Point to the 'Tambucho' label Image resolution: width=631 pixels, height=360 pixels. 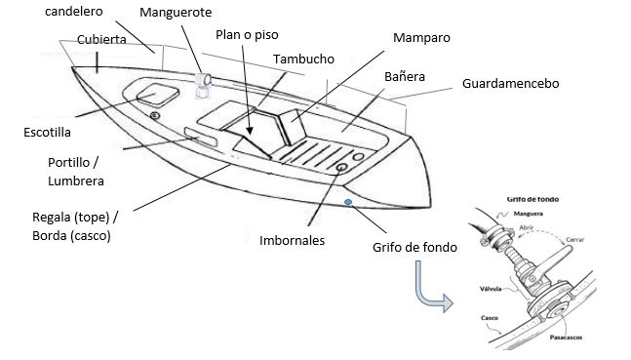tap(303, 59)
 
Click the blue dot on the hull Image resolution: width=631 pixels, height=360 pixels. tap(348, 204)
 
